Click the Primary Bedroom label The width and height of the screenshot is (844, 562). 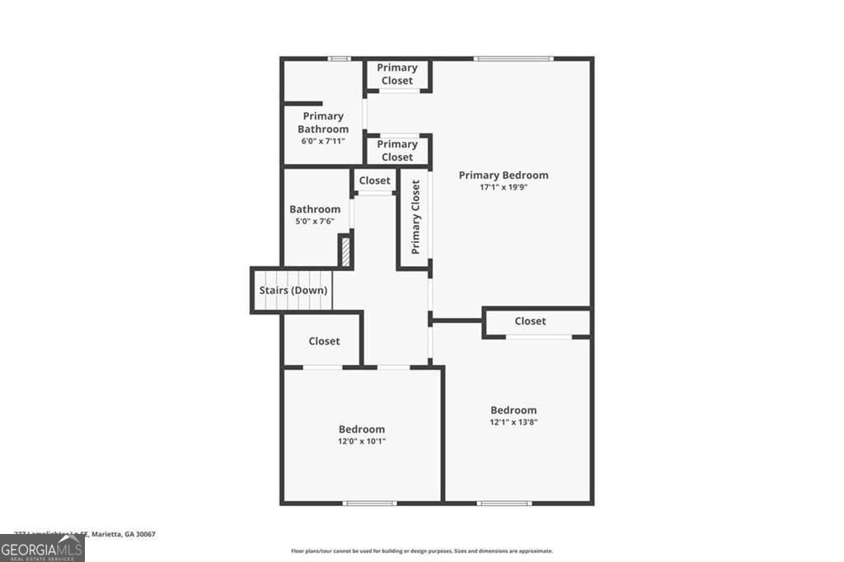pyautogui.click(x=503, y=175)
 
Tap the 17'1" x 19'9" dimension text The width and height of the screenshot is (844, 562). pyautogui.click(x=503, y=187)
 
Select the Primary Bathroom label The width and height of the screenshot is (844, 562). pyautogui.click(x=323, y=123)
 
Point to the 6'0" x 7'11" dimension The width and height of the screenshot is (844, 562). pyautogui.click(x=323, y=141)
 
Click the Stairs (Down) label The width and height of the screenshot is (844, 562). pyautogui.click(x=293, y=290)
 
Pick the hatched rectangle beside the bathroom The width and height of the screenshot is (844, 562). pyautogui.click(x=345, y=251)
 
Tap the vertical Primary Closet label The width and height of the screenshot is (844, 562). pyautogui.click(x=415, y=218)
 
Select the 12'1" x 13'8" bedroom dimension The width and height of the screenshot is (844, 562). pyautogui.click(x=513, y=422)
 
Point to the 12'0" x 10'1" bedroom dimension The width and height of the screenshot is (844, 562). pyautogui.click(x=361, y=441)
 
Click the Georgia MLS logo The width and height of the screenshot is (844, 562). pyautogui.click(x=42, y=548)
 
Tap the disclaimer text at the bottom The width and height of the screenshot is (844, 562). pyautogui.click(x=421, y=551)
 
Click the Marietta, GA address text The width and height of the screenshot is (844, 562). pyautogui.click(x=84, y=534)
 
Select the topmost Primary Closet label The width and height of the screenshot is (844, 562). pyautogui.click(x=397, y=74)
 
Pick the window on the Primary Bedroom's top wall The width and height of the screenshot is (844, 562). pyautogui.click(x=513, y=59)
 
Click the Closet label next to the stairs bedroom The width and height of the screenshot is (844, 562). pyautogui.click(x=324, y=341)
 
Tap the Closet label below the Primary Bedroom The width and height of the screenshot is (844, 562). pyautogui.click(x=530, y=321)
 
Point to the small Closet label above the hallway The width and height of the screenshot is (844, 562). pyautogui.click(x=374, y=180)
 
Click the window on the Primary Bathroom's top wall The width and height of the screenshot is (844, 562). pyautogui.click(x=338, y=59)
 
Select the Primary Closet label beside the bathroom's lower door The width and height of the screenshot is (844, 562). pyautogui.click(x=397, y=151)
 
